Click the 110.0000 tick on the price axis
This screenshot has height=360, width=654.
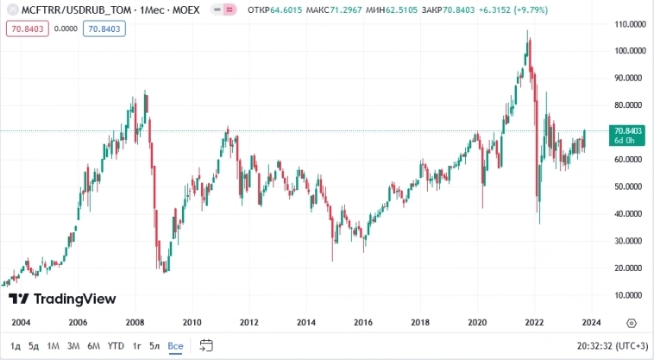[x=626, y=23]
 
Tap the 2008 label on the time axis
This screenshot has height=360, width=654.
[x=135, y=323]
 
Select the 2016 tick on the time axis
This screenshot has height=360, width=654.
[x=363, y=323]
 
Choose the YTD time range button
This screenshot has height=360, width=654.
[x=116, y=346]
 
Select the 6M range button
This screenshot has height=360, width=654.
[x=93, y=346]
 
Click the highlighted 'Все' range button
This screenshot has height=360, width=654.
[x=175, y=346]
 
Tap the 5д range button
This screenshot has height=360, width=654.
[x=34, y=346]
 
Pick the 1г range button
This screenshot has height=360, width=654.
[x=136, y=346]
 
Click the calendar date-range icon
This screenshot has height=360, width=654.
[x=206, y=345]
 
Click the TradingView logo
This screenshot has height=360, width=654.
[x=62, y=299]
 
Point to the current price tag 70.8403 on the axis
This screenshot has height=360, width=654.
[x=625, y=130]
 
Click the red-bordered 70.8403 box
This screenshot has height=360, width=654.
[x=27, y=28]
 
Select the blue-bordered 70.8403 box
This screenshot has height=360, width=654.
[x=105, y=28]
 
